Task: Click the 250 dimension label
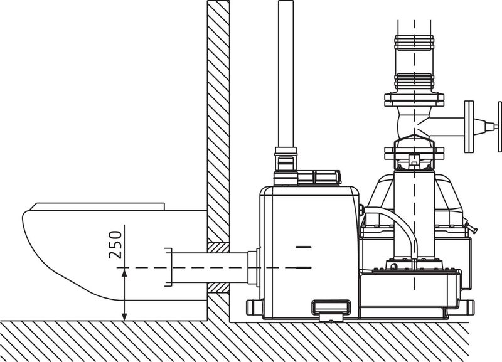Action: pyautogui.click(x=115, y=245)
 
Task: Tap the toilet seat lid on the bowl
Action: pyautogui.click(x=98, y=206)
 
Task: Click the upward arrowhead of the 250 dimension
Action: pyautogui.click(x=124, y=273)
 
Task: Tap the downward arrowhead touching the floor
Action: pyautogui.click(x=124, y=316)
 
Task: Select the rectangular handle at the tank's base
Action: pyautogui.click(x=331, y=307)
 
